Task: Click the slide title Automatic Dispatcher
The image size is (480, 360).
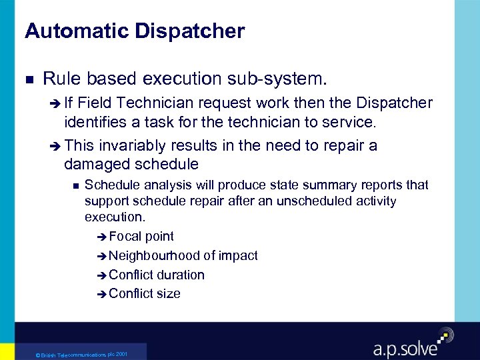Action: [x=135, y=31]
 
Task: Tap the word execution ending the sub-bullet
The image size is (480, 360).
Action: [x=113, y=217]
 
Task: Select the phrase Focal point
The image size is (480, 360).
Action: [x=141, y=236]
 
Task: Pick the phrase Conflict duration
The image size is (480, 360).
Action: [x=156, y=275]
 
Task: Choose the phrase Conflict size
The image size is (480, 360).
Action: [x=144, y=293]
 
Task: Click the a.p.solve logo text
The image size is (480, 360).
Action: [x=405, y=347]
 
